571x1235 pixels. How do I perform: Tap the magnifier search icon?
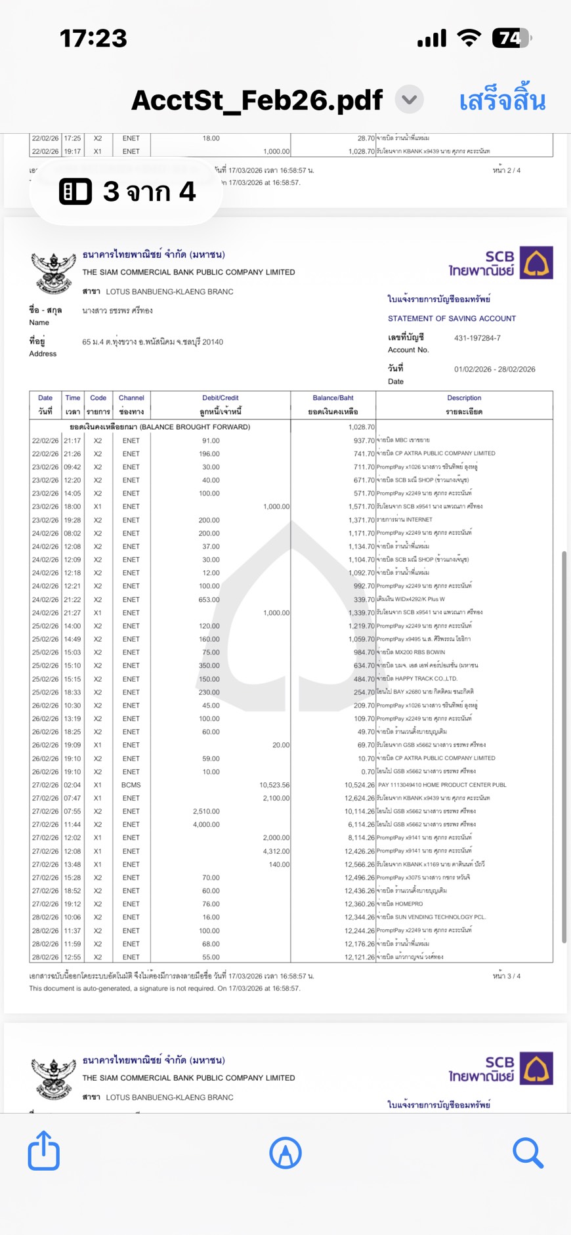[528, 1152]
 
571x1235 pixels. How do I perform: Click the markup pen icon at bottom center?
[285, 1152]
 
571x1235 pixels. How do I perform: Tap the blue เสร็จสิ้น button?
[502, 100]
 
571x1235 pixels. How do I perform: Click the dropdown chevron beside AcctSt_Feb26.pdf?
[410, 100]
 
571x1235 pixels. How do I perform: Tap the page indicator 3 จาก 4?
[127, 192]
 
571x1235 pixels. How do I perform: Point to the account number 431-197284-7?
[477, 338]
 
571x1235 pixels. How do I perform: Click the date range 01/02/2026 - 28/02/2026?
[494, 369]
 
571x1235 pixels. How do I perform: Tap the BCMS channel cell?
[131, 785]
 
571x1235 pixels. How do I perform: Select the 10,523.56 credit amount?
[274, 785]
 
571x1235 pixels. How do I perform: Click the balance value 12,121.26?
[359, 957]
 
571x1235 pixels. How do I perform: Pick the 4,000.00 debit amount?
[206, 824]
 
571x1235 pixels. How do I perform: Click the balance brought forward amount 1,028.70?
[361, 427]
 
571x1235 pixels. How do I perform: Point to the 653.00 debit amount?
[209, 599]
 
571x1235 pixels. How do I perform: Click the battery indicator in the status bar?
[511, 39]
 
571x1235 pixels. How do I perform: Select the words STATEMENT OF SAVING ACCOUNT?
[452, 318]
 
